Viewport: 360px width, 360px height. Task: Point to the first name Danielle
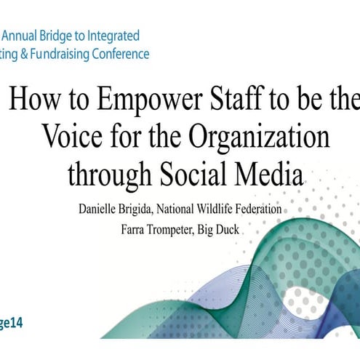click(101, 210)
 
